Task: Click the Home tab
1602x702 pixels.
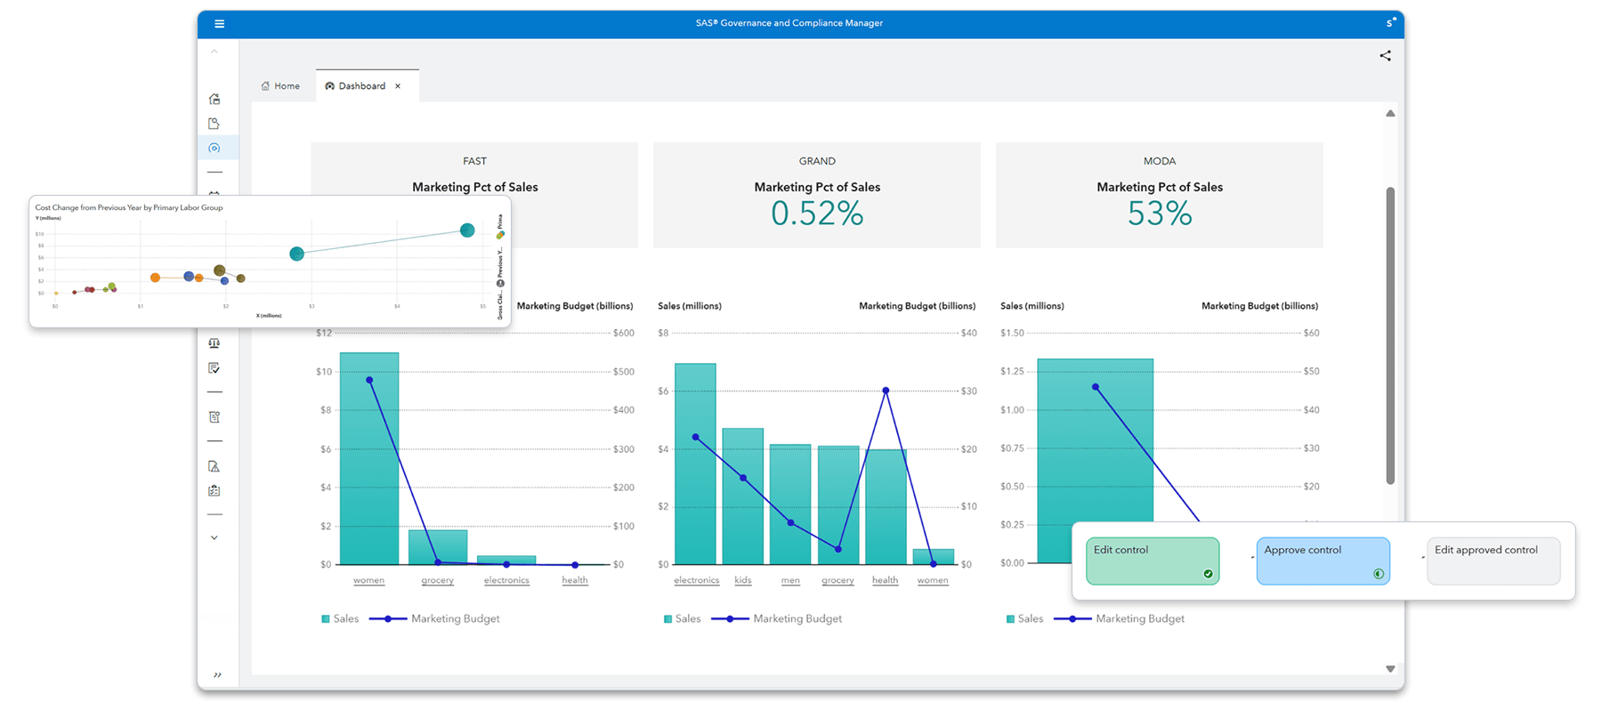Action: click(280, 86)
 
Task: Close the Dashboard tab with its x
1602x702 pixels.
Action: click(398, 86)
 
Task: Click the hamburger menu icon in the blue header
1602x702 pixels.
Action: click(219, 24)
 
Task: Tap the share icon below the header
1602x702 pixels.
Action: click(1385, 56)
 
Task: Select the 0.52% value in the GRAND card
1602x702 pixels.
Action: click(816, 214)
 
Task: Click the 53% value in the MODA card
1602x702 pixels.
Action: click(1159, 214)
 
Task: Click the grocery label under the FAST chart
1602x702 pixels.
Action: click(437, 580)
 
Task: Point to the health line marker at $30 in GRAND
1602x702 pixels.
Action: click(886, 391)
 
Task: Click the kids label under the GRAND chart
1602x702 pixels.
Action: click(743, 580)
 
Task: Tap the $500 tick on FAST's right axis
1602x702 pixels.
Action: click(623, 372)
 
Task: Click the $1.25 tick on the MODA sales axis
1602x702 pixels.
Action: click(1012, 371)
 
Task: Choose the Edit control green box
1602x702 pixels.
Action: click(1153, 561)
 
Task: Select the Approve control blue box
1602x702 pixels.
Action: click(1323, 561)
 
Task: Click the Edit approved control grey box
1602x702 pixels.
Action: click(1493, 561)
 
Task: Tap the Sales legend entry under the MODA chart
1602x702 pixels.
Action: click(1024, 618)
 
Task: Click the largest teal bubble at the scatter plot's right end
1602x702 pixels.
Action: click(467, 230)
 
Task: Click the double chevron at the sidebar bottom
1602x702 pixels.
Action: click(217, 675)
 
